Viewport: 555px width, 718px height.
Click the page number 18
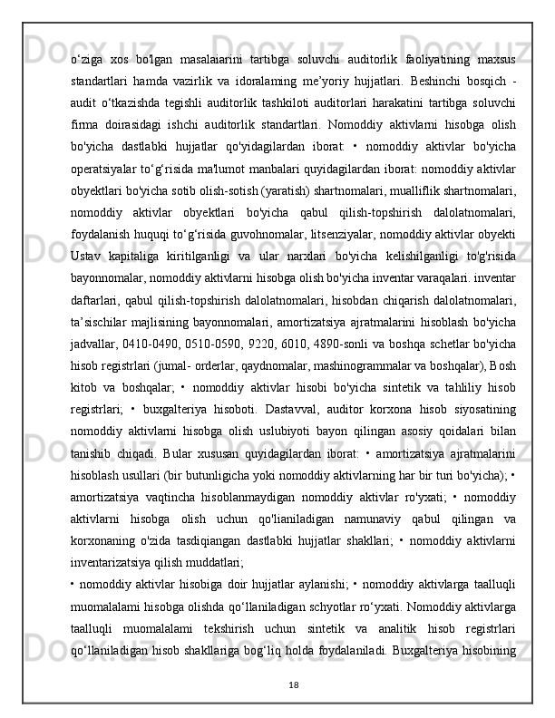(x=277, y=685)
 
